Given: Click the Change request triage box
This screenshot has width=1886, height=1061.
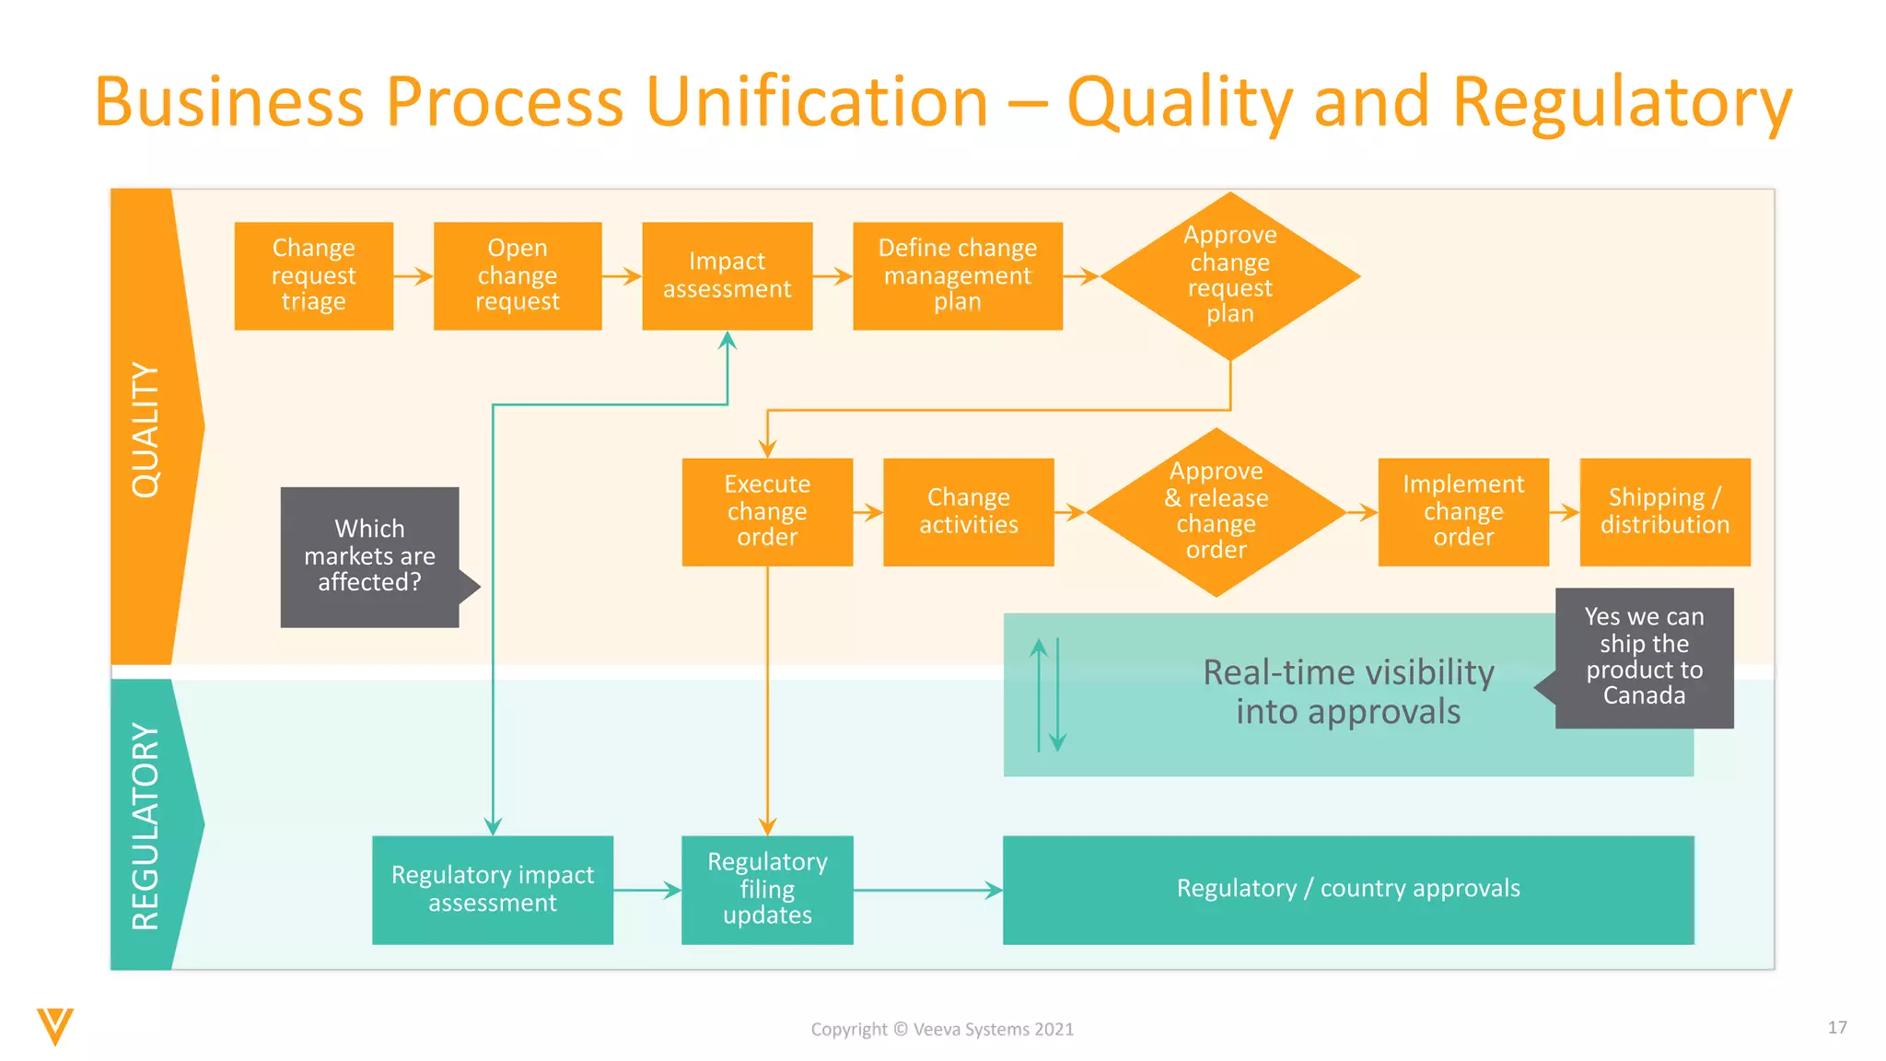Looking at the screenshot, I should pyautogui.click(x=313, y=275).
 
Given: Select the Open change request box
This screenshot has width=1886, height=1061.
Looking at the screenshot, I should pyautogui.click(x=517, y=275).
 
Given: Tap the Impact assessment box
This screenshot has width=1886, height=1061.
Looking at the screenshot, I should pyautogui.click(x=727, y=275).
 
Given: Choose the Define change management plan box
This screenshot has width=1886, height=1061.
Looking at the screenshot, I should pyautogui.click(x=957, y=275).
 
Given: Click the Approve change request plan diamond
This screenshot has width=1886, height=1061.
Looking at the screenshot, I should pyautogui.click(x=1229, y=275).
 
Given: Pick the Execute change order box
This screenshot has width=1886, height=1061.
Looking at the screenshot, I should pyautogui.click(x=767, y=511).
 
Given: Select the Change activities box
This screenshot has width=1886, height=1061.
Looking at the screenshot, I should pyautogui.click(x=968, y=511).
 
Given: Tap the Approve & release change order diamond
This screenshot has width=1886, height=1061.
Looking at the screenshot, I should pyautogui.click(x=1216, y=511).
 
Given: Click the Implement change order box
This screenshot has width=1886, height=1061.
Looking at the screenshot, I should pyautogui.click(x=1462, y=511).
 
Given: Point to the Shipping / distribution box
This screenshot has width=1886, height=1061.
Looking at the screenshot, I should pyautogui.click(x=1664, y=511).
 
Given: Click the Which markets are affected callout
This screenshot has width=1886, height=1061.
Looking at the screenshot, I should pyautogui.click(x=369, y=556).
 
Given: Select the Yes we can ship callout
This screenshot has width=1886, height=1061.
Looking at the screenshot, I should pyautogui.click(x=1644, y=657).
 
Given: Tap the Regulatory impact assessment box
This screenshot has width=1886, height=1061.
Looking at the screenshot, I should pyautogui.click(x=492, y=889).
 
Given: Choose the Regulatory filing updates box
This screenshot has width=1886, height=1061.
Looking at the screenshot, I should pyautogui.click(x=767, y=889).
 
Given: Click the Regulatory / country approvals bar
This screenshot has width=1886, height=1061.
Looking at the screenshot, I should pyautogui.click(x=1347, y=889).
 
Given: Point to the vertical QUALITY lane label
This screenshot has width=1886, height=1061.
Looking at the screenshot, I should pyautogui.click(x=146, y=429).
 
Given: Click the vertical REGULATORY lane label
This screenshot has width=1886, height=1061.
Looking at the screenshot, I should pyautogui.click(x=146, y=826).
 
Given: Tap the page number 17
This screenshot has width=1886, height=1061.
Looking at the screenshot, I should pyautogui.click(x=1836, y=1027).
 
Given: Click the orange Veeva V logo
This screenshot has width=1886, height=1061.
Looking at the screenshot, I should pyautogui.click(x=55, y=1026).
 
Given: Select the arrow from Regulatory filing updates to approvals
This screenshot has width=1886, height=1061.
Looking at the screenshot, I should pyautogui.click(x=926, y=890).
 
